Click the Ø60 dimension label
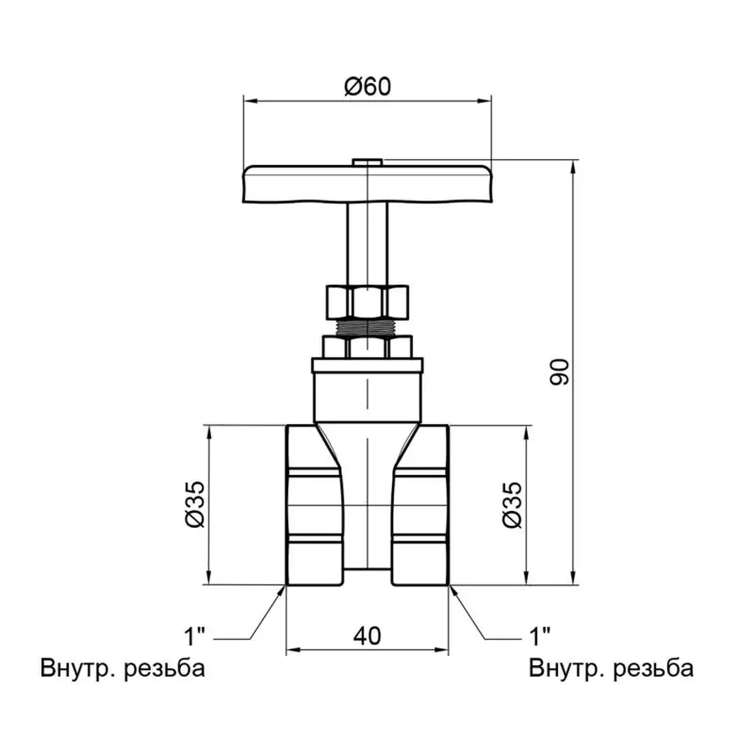[x=367, y=85]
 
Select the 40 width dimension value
[x=367, y=636]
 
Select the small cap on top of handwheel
[x=367, y=160]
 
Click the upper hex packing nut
[x=367, y=301]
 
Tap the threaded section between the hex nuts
[x=367, y=326]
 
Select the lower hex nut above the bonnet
[x=367, y=347]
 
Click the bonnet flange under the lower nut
[x=367, y=365]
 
